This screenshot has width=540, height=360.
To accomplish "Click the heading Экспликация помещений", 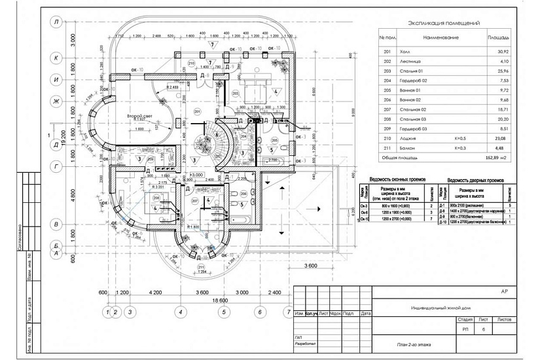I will click(x=443, y=22).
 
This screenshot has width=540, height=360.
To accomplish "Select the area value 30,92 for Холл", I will click(x=503, y=50).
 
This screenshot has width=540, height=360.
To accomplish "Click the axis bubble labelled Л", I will click(x=57, y=22).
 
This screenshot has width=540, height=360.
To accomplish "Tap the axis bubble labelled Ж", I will click(x=57, y=101).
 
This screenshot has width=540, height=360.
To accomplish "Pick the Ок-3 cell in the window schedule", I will click(x=364, y=206).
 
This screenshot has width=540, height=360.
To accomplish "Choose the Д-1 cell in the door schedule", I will click(x=442, y=206).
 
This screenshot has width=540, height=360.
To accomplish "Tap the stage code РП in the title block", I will click(x=465, y=330).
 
